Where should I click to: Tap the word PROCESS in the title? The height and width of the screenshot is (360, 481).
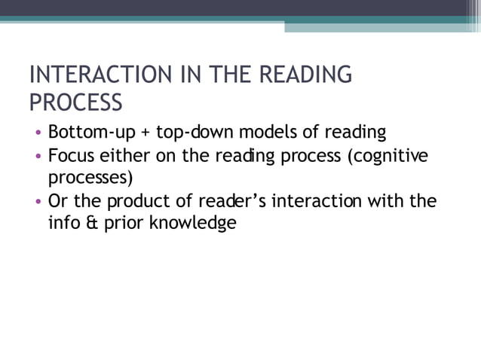coord(75,101)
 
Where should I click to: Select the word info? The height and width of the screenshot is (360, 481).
coord(63,223)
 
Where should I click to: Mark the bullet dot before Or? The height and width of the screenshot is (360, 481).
coord(38,202)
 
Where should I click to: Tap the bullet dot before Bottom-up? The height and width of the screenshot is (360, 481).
coord(38,134)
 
